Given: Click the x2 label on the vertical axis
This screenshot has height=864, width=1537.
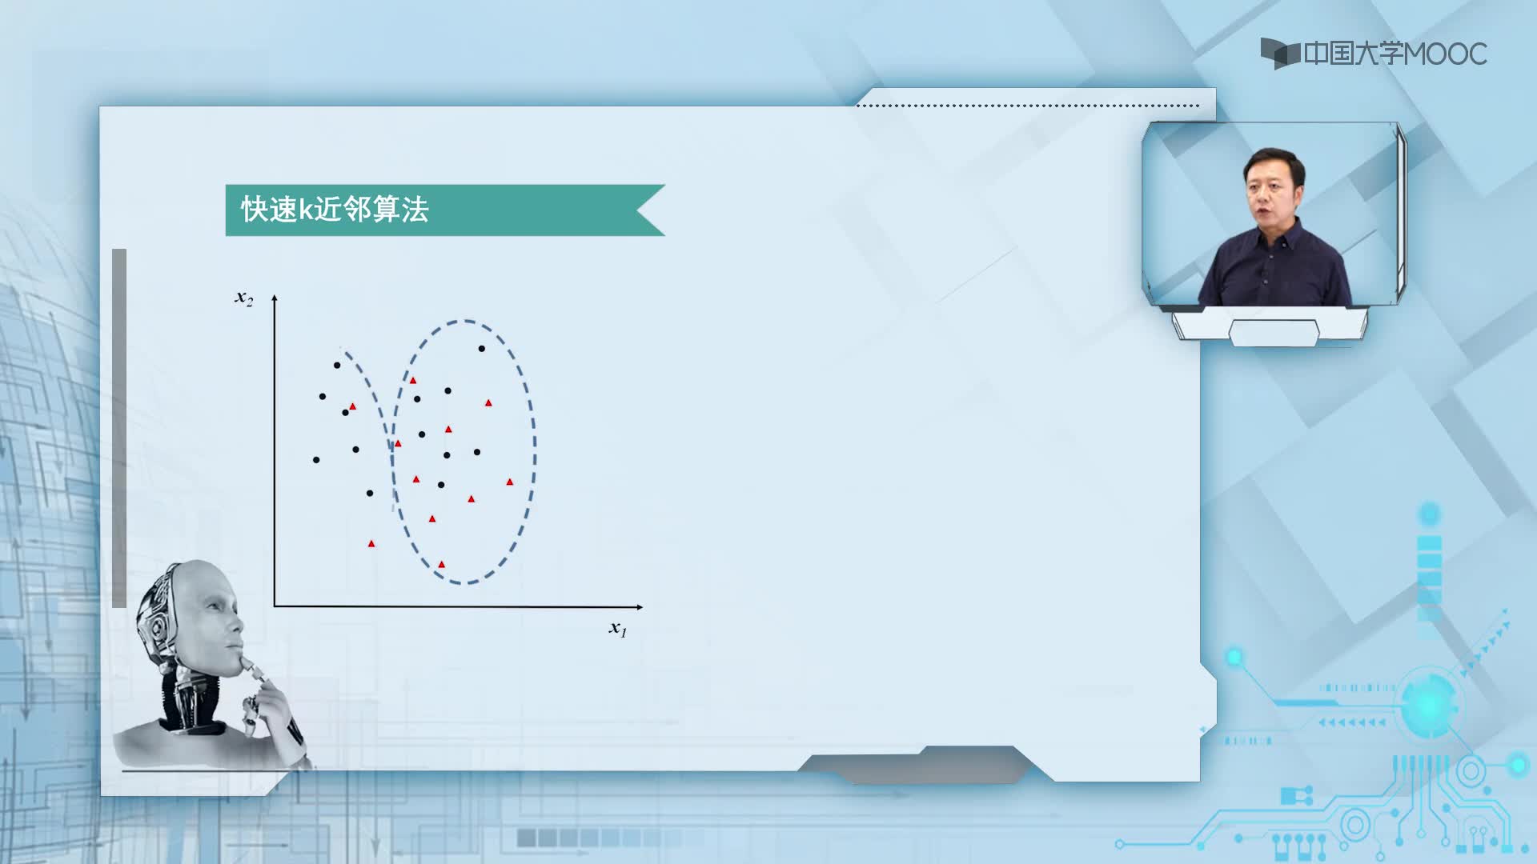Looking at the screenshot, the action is point(243,298).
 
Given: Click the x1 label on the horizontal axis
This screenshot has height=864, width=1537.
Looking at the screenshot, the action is point(618,629).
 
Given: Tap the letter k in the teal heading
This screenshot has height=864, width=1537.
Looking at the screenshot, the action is point(305,210).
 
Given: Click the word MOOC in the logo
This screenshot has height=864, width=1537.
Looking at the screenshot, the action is point(1445,54).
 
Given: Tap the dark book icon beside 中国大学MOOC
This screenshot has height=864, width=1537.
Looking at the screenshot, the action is point(1279,53).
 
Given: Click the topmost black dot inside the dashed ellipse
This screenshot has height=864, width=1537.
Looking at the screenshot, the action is point(482,349).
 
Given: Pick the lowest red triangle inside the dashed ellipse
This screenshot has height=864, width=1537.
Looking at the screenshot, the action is point(442,565).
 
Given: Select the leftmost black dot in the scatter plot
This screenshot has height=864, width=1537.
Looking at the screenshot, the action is point(316,460).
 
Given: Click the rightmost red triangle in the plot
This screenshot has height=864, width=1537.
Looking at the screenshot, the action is point(510,482).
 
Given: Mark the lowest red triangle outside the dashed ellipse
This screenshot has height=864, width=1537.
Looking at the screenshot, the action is point(371,544).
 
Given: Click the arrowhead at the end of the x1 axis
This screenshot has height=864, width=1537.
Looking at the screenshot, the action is point(639,607).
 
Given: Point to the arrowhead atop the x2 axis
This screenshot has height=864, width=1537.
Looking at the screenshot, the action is point(275,298).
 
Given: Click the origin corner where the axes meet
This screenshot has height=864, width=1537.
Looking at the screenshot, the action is point(275,606).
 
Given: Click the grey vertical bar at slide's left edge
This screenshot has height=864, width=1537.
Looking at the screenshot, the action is point(119,428).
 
